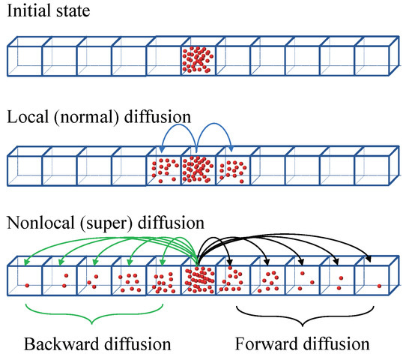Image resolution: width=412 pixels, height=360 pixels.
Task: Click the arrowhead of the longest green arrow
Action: tap(25, 262)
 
